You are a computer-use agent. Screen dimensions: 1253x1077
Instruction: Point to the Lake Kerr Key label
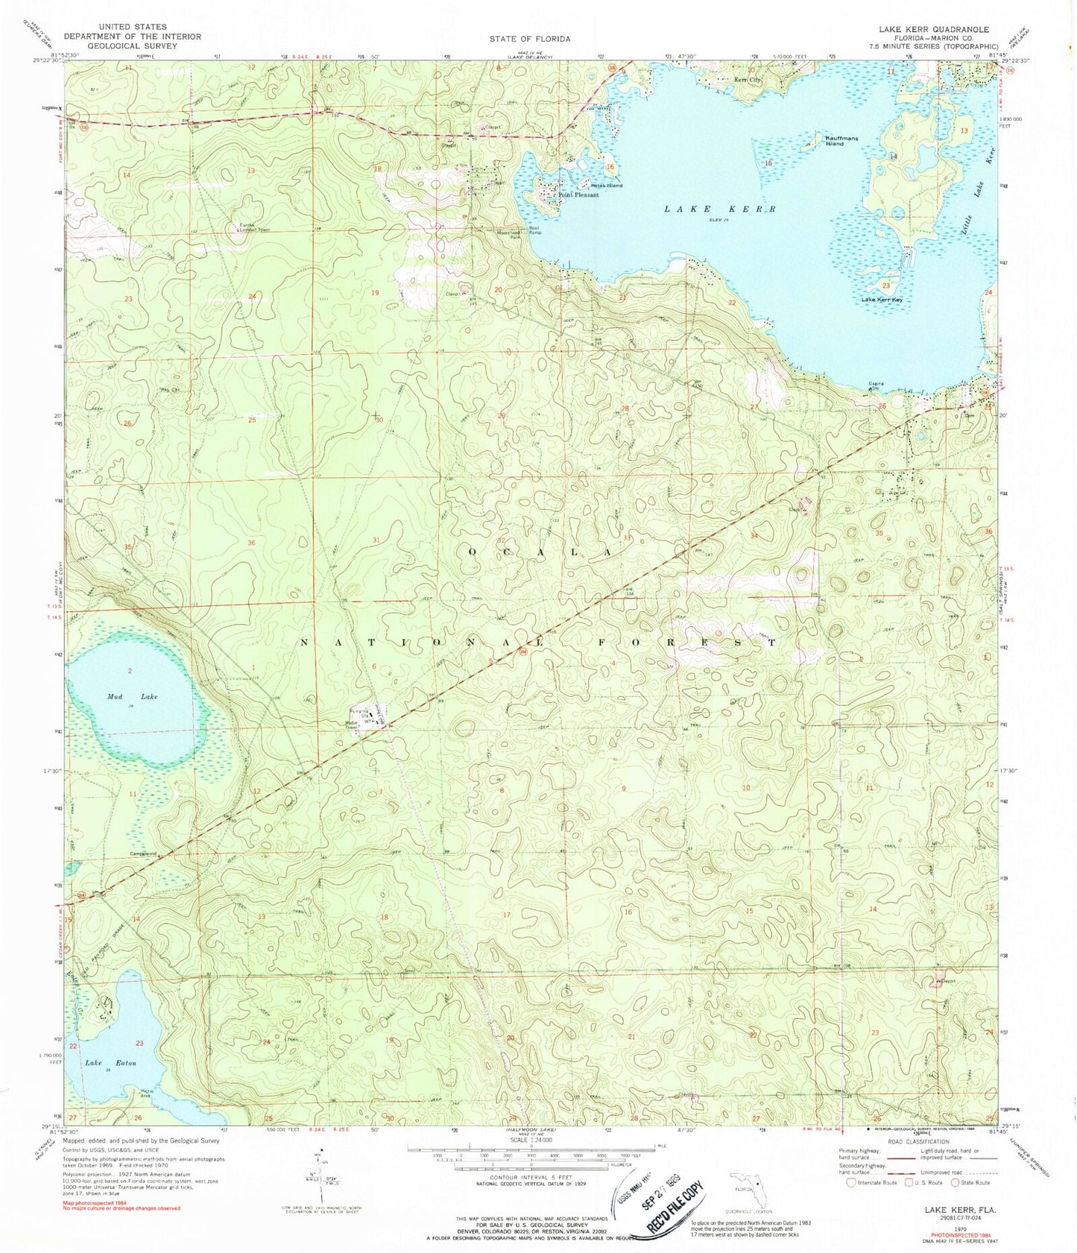pos(882,300)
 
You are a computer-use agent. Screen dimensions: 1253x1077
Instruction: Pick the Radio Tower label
pos(353,725)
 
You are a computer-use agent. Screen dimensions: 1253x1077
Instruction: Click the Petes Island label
pos(607,185)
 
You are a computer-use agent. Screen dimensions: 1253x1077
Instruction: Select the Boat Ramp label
pos(534,231)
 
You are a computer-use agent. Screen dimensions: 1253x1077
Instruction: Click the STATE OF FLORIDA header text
pos(530,38)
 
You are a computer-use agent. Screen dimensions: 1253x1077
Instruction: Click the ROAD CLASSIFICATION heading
pos(917,1141)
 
